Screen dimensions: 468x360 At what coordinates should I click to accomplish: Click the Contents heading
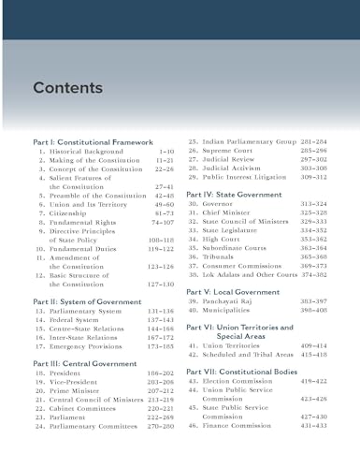(67, 88)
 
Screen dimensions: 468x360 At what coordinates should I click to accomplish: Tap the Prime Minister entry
(78, 391)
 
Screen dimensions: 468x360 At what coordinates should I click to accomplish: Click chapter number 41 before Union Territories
(193, 344)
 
